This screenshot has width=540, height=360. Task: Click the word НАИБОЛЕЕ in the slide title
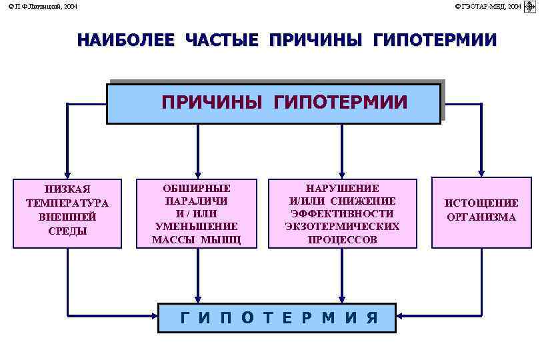point(126,40)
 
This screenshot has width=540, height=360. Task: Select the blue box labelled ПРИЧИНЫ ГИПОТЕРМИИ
point(274,103)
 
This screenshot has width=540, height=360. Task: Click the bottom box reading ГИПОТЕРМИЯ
point(277,318)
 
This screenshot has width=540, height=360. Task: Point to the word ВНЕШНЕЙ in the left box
point(67,217)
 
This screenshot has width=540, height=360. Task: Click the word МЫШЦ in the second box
point(223,239)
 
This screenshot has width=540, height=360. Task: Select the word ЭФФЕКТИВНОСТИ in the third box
point(342,213)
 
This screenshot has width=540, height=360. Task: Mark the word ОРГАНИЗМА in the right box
point(481,217)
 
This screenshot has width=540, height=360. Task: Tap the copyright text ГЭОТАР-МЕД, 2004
point(488,6)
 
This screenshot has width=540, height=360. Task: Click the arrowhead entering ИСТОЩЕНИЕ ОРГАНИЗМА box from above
point(481,171)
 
